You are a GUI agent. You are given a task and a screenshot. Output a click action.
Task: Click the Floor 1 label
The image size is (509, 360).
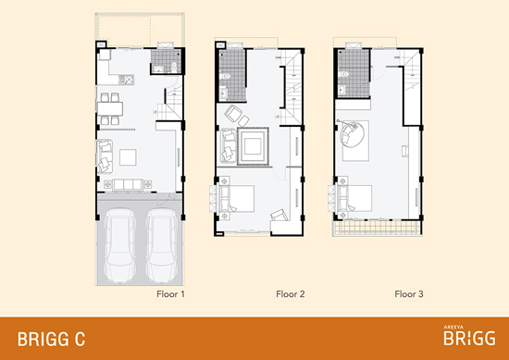[x=171, y=294]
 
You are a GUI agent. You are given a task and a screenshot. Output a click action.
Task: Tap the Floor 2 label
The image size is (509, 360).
[x=291, y=294]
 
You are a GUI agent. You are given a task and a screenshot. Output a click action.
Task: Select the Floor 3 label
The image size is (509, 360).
[x=409, y=294]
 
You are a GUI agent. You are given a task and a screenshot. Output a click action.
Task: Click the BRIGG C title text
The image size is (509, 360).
[x=51, y=340]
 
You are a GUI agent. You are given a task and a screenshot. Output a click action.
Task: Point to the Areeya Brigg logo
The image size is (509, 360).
[x=469, y=336]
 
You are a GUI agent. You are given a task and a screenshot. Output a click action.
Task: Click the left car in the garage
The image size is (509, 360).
[x=119, y=245]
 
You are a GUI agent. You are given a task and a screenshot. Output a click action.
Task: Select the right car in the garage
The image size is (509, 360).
[x=162, y=245]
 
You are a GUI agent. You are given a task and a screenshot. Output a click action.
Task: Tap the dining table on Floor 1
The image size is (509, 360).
[x=110, y=109]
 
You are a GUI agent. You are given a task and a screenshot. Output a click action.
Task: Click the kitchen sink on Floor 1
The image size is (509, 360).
[x=126, y=80]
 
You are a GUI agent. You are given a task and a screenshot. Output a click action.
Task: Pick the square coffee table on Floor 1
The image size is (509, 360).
[x=128, y=157]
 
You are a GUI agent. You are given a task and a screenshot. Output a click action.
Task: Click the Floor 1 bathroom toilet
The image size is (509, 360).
[x=174, y=67]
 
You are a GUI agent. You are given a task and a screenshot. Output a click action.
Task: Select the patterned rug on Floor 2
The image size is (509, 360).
[x=253, y=146]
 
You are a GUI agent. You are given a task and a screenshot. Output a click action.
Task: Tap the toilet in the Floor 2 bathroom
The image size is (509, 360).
[x=225, y=76]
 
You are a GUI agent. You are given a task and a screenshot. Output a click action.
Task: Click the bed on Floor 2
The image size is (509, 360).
[x=236, y=198]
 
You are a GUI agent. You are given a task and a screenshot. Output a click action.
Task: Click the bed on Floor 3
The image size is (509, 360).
[x=354, y=198]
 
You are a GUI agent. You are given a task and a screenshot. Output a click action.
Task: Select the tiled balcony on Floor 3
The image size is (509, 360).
[x=378, y=228]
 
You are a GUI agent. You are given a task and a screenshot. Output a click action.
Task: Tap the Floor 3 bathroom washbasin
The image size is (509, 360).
[x=341, y=90]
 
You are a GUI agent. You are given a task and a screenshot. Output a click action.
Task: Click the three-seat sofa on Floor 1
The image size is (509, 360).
[x=128, y=185]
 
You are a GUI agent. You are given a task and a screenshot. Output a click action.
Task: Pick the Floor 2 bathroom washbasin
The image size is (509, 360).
[x=224, y=93]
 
